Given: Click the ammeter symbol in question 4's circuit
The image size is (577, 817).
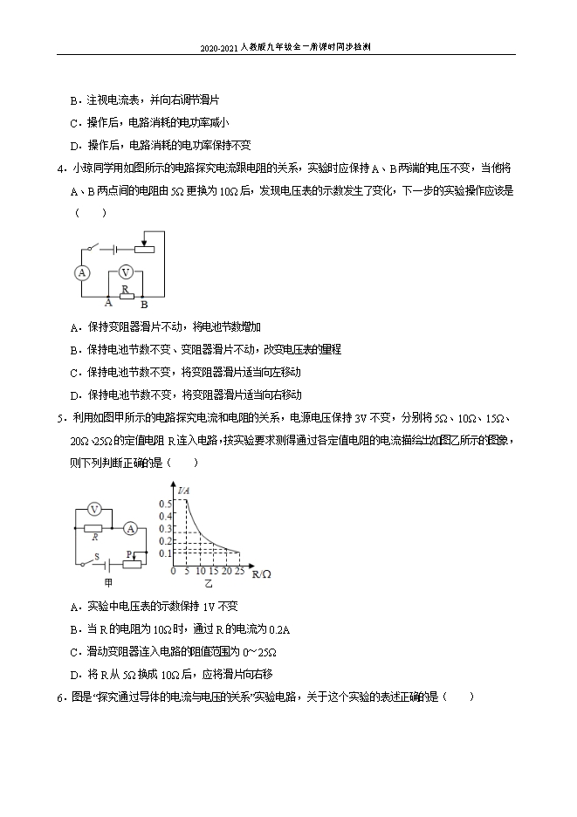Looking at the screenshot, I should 82,272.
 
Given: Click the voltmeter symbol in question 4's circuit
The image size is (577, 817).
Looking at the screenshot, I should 125,271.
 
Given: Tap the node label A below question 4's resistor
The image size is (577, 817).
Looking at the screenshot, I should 108,303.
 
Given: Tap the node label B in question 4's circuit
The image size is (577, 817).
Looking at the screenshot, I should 144,305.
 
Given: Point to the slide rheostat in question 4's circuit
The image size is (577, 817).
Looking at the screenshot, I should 144,248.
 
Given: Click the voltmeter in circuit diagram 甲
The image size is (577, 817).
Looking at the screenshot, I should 96,509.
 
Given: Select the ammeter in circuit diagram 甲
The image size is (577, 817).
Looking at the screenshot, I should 129,527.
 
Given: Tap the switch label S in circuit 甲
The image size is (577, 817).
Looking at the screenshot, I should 97,555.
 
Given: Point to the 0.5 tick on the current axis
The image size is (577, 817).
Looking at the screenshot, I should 165,505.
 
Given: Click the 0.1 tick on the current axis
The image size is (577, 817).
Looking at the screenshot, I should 165,553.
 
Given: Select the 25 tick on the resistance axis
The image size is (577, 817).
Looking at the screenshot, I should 239,571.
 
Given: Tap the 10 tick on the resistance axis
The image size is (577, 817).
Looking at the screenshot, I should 201,571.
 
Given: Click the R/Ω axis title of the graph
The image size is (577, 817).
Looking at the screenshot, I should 261,573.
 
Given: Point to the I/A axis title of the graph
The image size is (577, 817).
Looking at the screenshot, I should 183,492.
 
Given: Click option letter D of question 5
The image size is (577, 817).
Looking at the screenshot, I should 74,674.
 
